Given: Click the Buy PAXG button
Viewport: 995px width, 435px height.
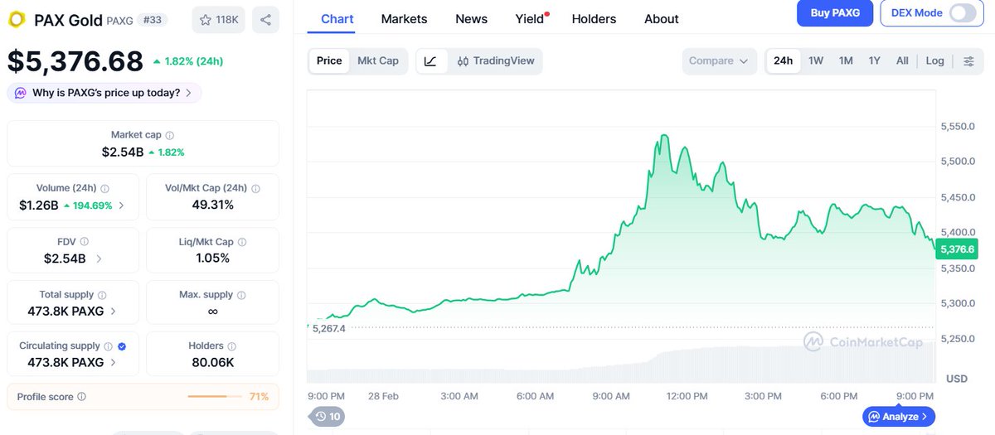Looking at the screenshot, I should pyautogui.click(x=834, y=12).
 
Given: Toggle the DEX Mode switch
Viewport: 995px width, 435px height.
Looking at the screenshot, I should pyautogui.click(x=962, y=12).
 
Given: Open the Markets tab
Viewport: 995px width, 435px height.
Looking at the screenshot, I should pyautogui.click(x=404, y=18).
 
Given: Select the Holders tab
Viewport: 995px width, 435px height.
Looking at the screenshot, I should pyautogui.click(x=594, y=18).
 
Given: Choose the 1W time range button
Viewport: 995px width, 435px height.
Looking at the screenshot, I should pyautogui.click(x=816, y=60).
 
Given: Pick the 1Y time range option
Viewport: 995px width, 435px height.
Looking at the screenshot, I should pyautogui.click(x=874, y=60).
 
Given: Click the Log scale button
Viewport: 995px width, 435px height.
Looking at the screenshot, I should pyautogui.click(x=934, y=60).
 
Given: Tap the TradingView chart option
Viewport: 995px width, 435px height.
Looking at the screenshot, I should pyautogui.click(x=496, y=60).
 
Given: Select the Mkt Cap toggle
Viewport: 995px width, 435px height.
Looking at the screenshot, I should pyautogui.click(x=377, y=60).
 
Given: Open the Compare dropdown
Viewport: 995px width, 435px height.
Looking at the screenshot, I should pyautogui.click(x=719, y=60).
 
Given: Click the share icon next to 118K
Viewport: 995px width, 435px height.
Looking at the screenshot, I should pyautogui.click(x=265, y=19).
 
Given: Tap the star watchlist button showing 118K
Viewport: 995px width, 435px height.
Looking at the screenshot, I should pyautogui.click(x=218, y=19).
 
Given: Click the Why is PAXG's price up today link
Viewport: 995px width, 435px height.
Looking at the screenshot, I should pyautogui.click(x=105, y=93).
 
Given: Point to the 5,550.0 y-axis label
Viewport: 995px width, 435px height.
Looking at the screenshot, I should pyautogui.click(x=957, y=127).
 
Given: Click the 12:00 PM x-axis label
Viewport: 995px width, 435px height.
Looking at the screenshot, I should pyautogui.click(x=687, y=396).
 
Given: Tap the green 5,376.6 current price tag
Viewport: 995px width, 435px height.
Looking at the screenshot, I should pyautogui.click(x=956, y=249).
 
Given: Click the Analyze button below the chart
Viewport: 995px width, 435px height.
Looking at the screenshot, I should pyautogui.click(x=899, y=416).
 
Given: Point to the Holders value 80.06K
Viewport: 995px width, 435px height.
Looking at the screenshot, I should pyautogui.click(x=212, y=362).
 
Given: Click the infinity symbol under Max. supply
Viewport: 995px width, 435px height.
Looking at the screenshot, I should pyautogui.click(x=212, y=311).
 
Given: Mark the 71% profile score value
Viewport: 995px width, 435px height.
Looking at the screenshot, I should pyautogui.click(x=259, y=397).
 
